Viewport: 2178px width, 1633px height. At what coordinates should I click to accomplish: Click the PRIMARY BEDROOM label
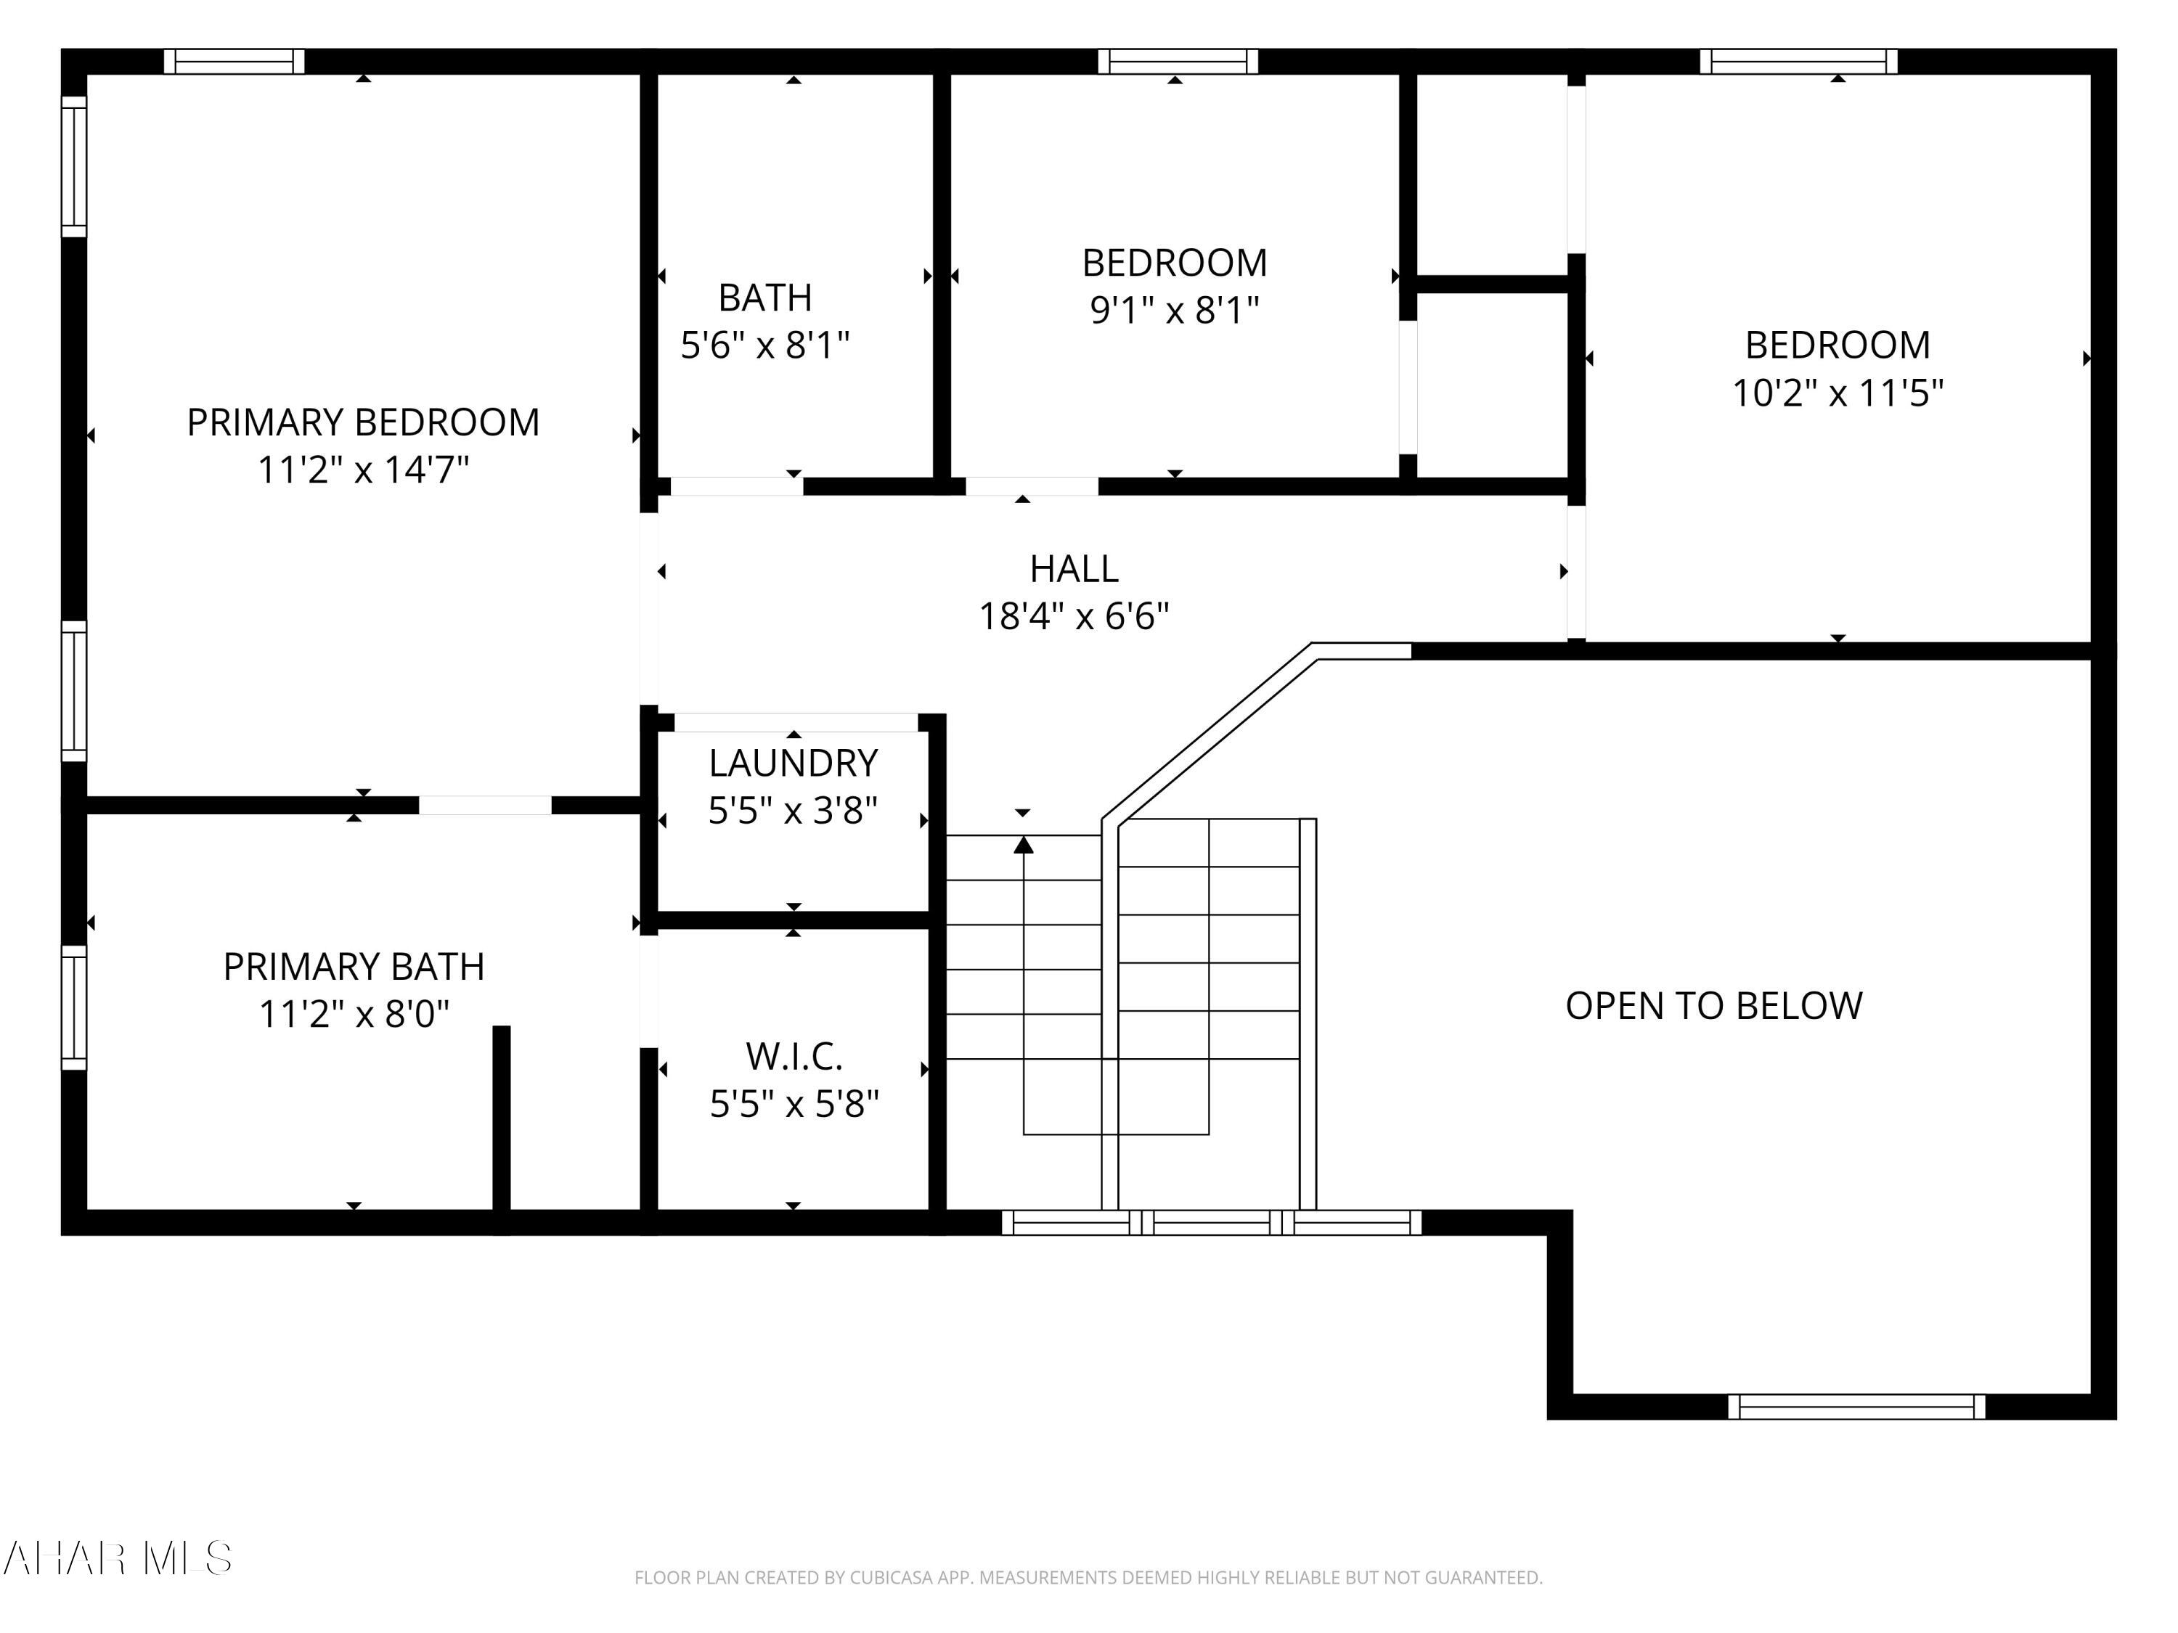(x=362, y=422)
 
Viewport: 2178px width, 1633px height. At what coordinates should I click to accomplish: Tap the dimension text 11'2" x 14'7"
(x=362, y=470)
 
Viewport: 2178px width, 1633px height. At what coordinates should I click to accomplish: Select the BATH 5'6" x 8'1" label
(x=765, y=321)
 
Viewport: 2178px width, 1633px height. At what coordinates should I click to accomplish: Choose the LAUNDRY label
(x=793, y=763)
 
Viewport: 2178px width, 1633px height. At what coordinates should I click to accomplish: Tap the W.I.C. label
(x=794, y=1056)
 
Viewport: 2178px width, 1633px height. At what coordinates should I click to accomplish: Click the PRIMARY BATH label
(x=354, y=967)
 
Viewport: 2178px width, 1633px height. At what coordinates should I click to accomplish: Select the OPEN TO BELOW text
(x=1713, y=1006)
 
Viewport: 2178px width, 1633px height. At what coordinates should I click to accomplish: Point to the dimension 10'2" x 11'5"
(x=1838, y=393)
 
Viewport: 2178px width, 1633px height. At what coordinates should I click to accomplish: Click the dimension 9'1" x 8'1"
(x=1174, y=310)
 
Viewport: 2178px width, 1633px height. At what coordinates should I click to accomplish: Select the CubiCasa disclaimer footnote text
(x=1088, y=1578)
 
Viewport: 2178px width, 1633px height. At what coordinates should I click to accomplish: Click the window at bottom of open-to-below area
(x=1856, y=1407)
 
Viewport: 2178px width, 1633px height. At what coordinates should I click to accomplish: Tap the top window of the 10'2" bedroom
(x=1798, y=61)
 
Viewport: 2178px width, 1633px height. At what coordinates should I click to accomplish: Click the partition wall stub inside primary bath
(x=501, y=1117)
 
